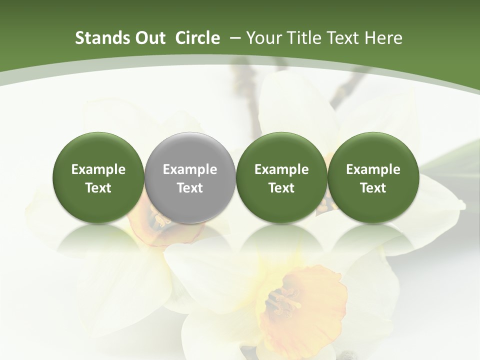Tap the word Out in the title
(x=149, y=38)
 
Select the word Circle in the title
(x=197, y=38)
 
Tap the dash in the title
(x=235, y=38)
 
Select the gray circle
(x=190, y=177)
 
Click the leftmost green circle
(x=98, y=177)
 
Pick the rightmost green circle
(x=373, y=177)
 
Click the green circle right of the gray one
(x=281, y=177)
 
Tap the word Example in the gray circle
(x=190, y=169)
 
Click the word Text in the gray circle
(x=190, y=188)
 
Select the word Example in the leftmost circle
(x=98, y=169)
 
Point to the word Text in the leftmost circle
(x=98, y=188)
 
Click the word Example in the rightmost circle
(x=373, y=169)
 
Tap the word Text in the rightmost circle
(x=373, y=188)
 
